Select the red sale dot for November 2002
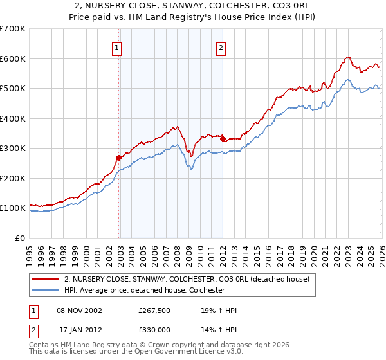(119, 157)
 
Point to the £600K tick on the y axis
(13, 59)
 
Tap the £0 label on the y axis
(20, 238)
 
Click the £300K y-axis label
(13, 148)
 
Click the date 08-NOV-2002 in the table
(80, 310)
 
